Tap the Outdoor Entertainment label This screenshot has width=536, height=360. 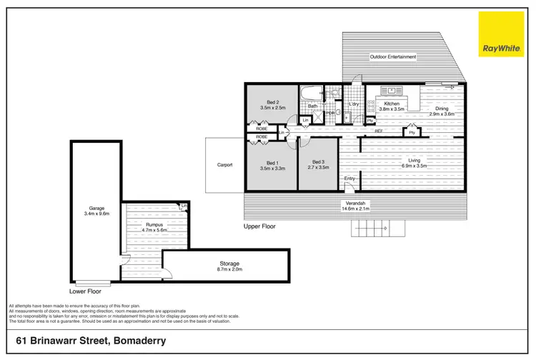(392, 56)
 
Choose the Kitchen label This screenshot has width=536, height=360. (392, 104)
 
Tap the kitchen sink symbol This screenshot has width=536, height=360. (392, 91)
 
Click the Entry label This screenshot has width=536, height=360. (349, 179)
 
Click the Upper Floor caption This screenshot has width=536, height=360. (259, 226)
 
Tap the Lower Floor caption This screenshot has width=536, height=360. (85, 291)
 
